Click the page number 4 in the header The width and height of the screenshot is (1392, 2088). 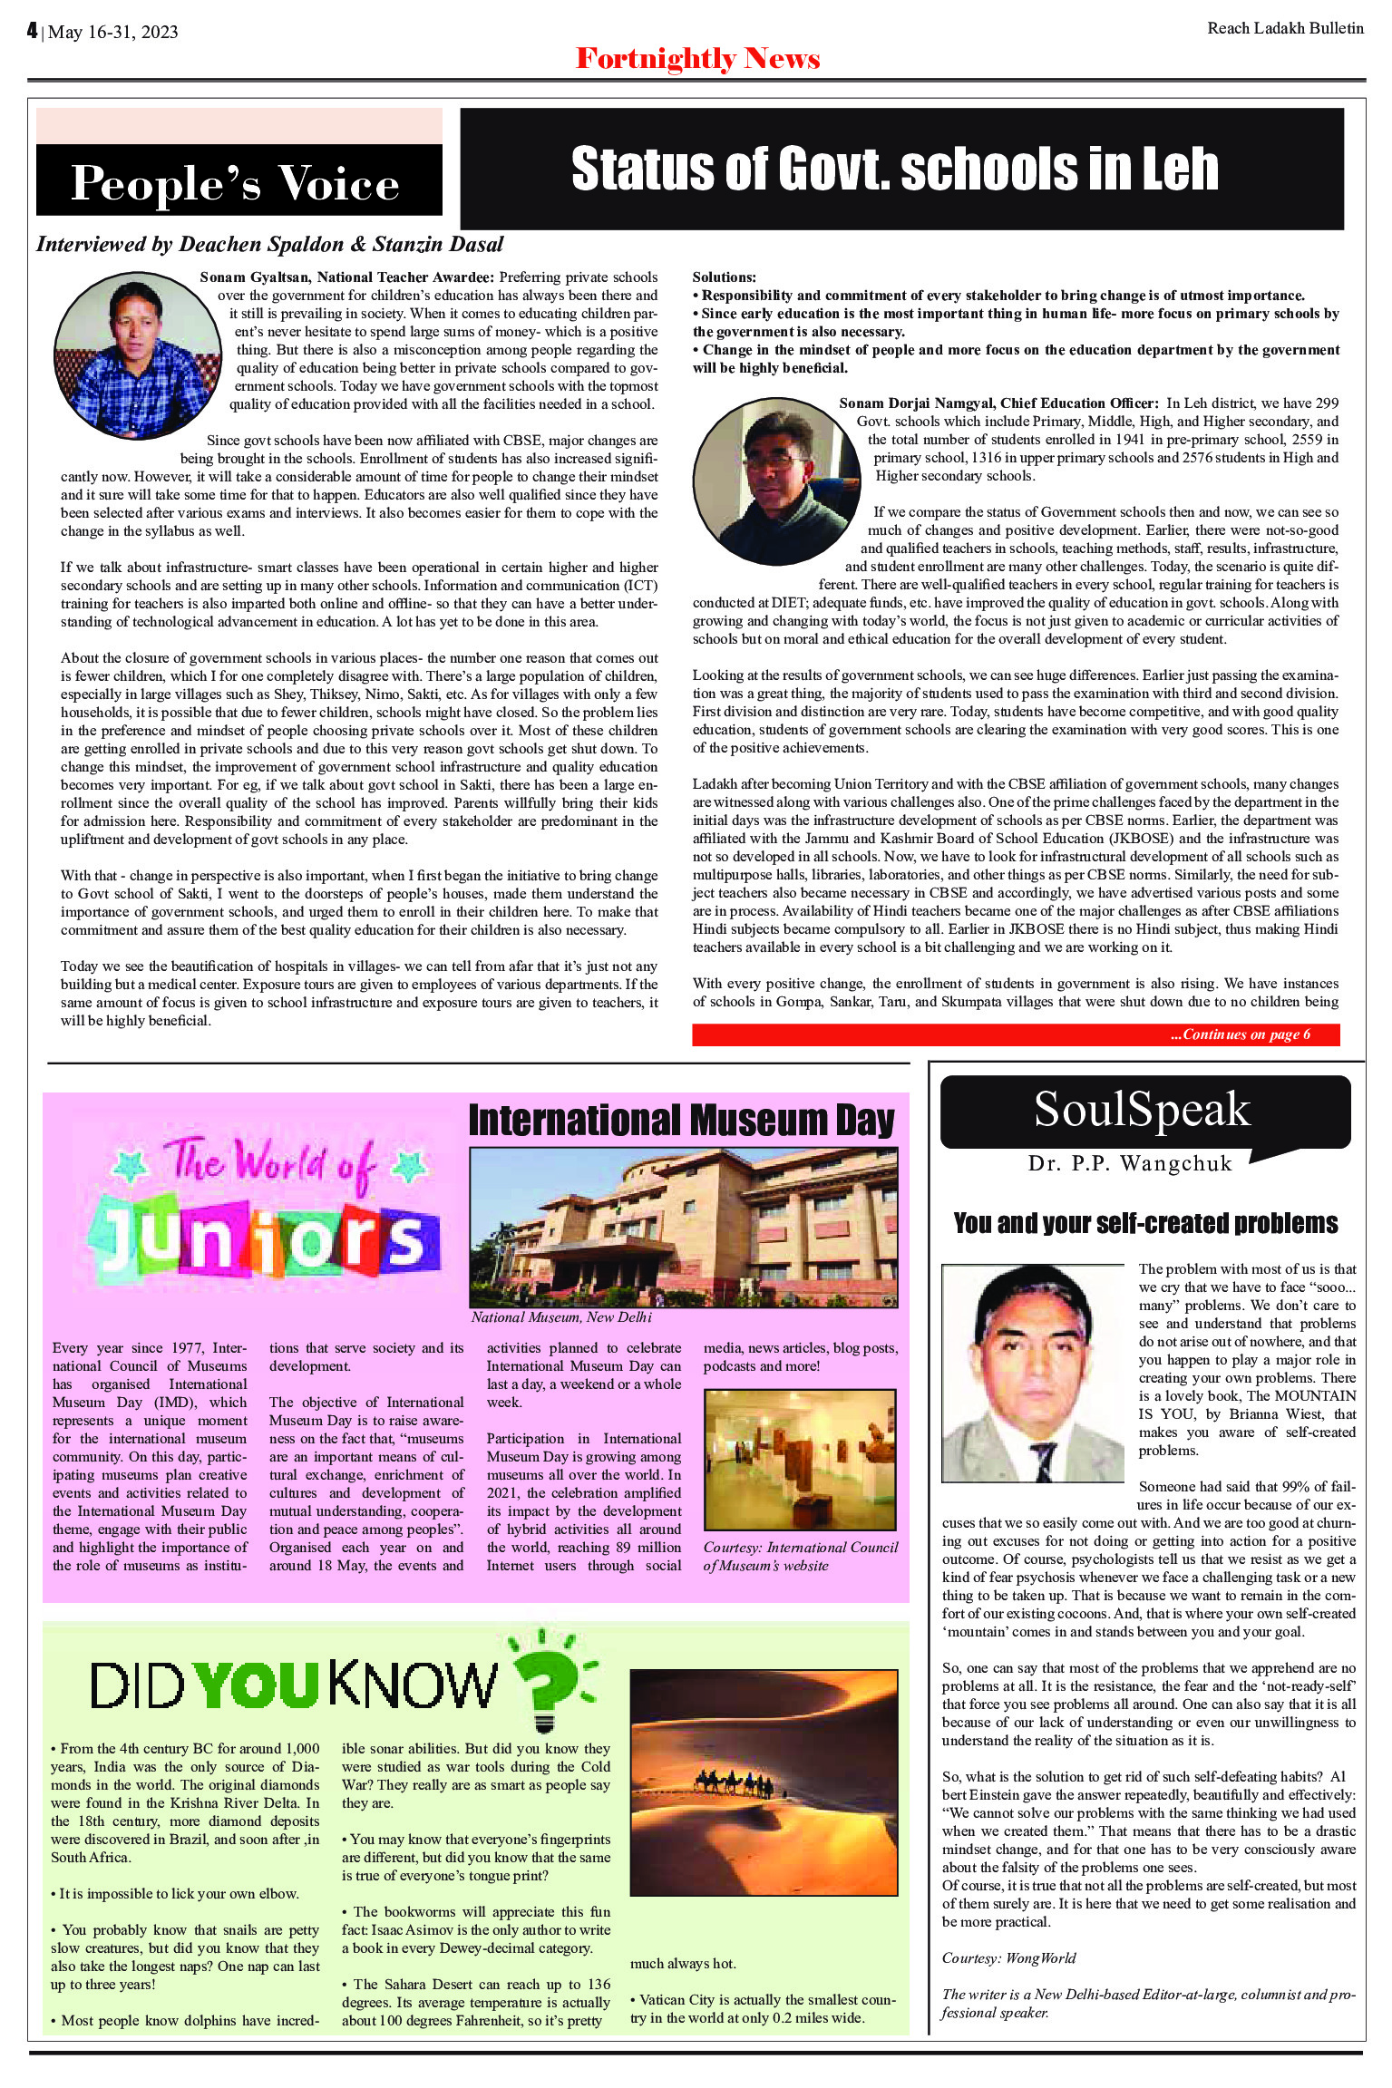pyautogui.click(x=33, y=31)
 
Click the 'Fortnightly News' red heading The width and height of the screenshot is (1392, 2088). pyautogui.click(x=697, y=59)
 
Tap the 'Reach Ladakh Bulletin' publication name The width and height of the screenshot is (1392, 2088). pyautogui.click(x=1285, y=28)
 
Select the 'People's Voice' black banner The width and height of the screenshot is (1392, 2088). pyautogui.click(x=238, y=182)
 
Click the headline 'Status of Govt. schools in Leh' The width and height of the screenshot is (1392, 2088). pyautogui.click(x=894, y=170)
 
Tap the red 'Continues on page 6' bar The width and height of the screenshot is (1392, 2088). pyautogui.click(x=1016, y=1034)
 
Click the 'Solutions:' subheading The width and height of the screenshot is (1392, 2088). pyautogui.click(x=724, y=277)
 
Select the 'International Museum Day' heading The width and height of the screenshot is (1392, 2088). pyautogui.click(x=681, y=1121)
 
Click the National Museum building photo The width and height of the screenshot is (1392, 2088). pyautogui.click(x=683, y=1227)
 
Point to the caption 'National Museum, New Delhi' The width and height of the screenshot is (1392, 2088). pyautogui.click(x=561, y=1317)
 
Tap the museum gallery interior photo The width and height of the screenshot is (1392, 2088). pyautogui.click(x=800, y=1460)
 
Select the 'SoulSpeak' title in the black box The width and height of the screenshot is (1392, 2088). pyautogui.click(x=1142, y=1109)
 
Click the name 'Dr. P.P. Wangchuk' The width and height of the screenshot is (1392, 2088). pyautogui.click(x=1130, y=1164)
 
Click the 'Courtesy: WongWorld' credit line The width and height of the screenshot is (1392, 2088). pyautogui.click(x=1008, y=1958)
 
